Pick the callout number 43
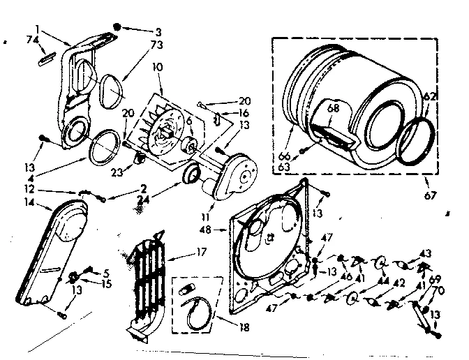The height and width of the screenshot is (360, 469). click(424, 253)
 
